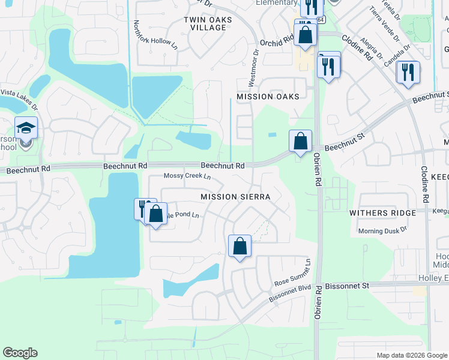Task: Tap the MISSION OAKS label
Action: [x=267, y=97]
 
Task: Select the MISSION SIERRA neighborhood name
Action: [x=235, y=196]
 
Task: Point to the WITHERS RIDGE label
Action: [x=383, y=213]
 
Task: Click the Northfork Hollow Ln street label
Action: [x=155, y=35]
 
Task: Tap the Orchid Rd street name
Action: [x=276, y=40]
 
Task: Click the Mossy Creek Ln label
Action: [x=187, y=176]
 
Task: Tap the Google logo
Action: [x=20, y=353]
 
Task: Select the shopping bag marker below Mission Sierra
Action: [x=240, y=246]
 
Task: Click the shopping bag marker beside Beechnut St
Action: [x=300, y=142]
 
